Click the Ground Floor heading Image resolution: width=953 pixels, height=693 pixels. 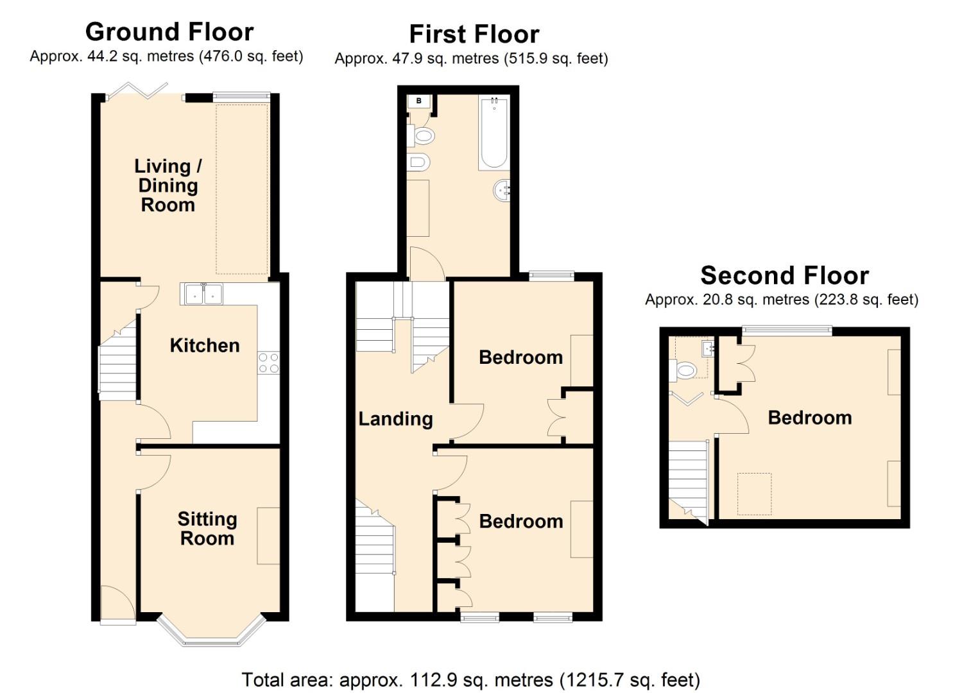169,31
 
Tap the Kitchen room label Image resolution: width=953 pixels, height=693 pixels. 205,345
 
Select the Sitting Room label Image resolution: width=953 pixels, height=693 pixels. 207,528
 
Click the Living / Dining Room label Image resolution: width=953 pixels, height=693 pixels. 167,185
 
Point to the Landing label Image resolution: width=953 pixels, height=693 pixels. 395,419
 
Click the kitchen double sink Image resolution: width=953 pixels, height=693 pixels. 202,294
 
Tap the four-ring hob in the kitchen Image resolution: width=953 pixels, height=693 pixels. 269,363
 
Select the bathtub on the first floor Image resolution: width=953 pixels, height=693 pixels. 494,133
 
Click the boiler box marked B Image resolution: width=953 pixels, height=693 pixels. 419,101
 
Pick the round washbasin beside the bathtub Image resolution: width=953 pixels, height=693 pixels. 502,190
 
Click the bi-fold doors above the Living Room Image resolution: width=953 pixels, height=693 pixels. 138,91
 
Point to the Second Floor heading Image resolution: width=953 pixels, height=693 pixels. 784,275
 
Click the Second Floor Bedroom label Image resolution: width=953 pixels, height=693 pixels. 810,418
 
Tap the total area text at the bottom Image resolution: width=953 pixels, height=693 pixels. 470,680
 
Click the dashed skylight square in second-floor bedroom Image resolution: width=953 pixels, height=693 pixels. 754,493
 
